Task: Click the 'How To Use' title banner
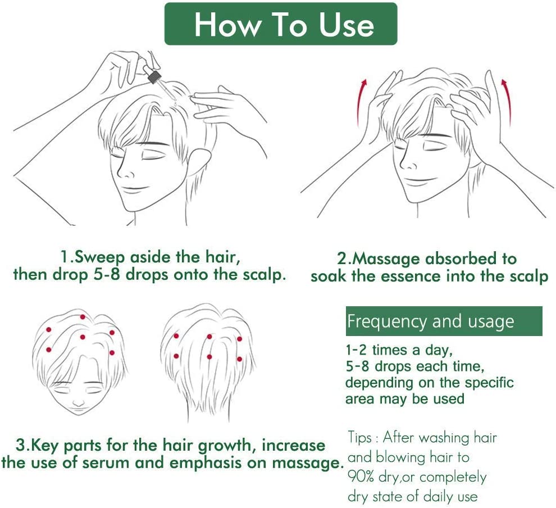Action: tap(280, 24)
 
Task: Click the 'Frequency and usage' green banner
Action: tap(444, 321)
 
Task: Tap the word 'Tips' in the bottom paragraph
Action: tap(360, 438)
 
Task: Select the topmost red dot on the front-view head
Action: tap(83, 317)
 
